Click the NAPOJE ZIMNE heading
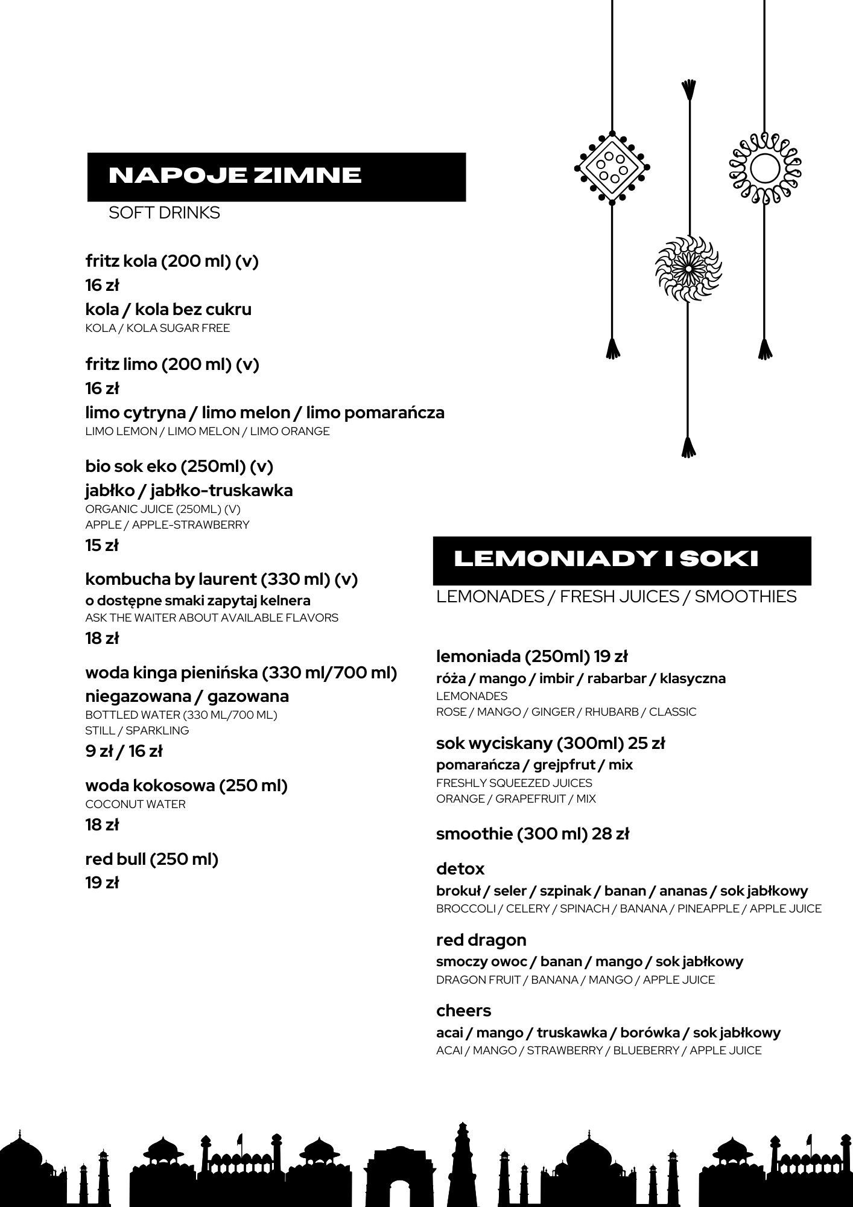(235, 176)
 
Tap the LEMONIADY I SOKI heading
(605, 559)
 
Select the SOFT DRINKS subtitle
(164, 213)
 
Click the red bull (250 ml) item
(151, 859)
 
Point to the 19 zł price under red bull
(102, 883)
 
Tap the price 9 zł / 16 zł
(124, 751)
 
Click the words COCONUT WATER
(135, 804)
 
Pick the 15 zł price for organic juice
(102, 546)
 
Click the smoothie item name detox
(460, 869)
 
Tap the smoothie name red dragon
(481, 940)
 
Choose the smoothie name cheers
(463, 1011)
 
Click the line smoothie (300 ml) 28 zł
(532, 834)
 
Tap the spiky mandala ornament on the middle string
(688, 268)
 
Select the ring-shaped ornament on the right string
(765, 167)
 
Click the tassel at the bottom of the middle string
(688, 448)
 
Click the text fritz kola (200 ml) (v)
(172, 261)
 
